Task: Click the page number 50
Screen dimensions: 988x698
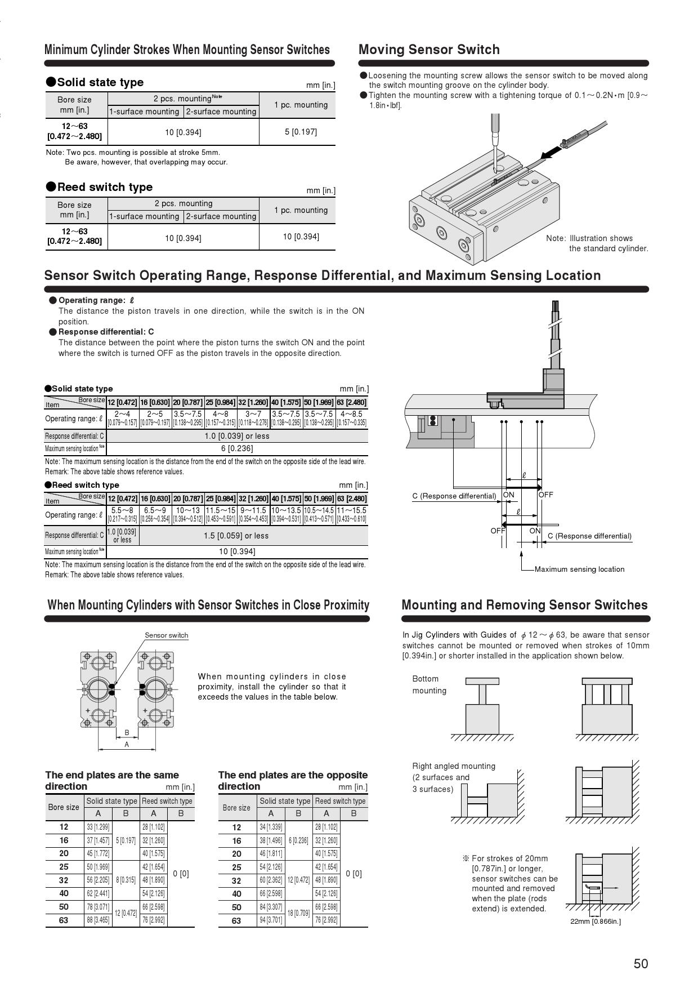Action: coord(641,964)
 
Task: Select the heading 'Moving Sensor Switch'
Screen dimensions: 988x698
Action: coord(429,50)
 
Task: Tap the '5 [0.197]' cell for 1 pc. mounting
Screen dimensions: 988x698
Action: coord(301,132)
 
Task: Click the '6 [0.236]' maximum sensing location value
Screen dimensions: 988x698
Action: coord(237,448)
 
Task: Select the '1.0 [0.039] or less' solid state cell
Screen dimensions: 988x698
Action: coord(237,436)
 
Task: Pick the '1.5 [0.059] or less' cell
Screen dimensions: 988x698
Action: coord(236,536)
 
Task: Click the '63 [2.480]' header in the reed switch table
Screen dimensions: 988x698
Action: coord(352,499)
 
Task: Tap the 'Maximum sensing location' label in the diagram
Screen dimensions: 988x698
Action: coord(579,569)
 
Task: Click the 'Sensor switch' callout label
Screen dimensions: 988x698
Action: coord(167,635)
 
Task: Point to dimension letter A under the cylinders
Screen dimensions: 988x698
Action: coord(127,745)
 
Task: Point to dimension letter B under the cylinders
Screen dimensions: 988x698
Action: coord(127,732)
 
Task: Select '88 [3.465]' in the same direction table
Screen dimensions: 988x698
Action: coord(98,920)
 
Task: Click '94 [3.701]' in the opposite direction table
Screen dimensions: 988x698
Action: coord(271,920)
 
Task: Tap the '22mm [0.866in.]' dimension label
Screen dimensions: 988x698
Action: coord(596,922)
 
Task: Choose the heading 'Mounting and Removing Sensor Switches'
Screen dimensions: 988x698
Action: coord(525,605)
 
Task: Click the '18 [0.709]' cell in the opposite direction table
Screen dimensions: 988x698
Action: coord(298,913)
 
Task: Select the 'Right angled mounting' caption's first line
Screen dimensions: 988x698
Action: coord(454,766)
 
